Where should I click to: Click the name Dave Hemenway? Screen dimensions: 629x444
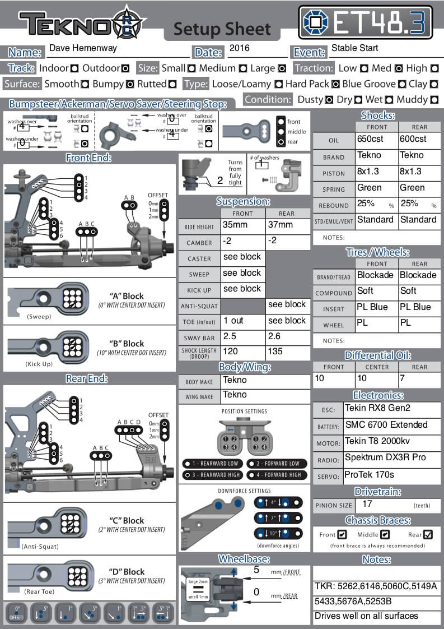(x=83, y=48)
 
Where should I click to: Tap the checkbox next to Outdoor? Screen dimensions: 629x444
(x=125, y=68)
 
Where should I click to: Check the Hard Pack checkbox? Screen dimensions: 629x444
(x=336, y=84)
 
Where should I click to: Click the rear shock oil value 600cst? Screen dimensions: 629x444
(x=413, y=139)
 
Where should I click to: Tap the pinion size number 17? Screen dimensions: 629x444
(x=367, y=504)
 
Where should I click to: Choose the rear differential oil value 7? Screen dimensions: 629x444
(x=402, y=378)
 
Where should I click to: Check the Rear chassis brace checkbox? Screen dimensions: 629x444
(x=428, y=534)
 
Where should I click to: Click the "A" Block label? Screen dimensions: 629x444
(x=127, y=296)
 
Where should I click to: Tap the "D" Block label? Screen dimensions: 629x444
(x=127, y=572)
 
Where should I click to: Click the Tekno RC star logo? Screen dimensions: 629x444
(x=129, y=22)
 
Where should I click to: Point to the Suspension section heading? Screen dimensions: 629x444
(x=243, y=201)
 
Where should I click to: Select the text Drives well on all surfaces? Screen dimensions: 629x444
(x=366, y=616)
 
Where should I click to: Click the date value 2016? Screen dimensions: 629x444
(x=240, y=49)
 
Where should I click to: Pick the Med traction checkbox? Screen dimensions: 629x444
(x=399, y=68)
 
